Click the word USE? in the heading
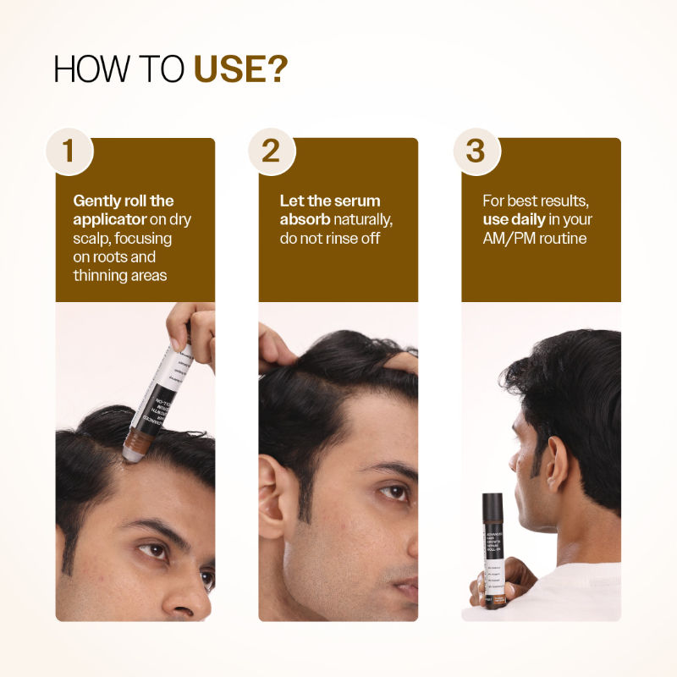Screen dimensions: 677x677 pyautogui.click(x=240, y=70)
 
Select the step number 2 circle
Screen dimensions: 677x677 pyautogui.click(x=271, y=151)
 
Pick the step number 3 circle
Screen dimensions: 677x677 pyautogui.click(x=476, y=151)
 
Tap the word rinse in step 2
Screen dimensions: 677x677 pyautogui.click(x=348, y=238)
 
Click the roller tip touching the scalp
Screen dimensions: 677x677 pyautogui.click(x=132, y=454)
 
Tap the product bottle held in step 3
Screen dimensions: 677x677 pyautogui.click(x=493, y=550)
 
